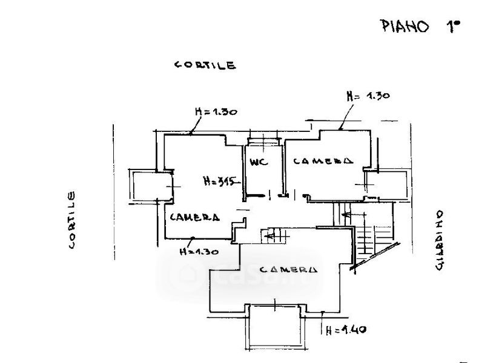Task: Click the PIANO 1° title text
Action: click(x=421, y=26)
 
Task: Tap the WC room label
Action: click(x=259, y=162)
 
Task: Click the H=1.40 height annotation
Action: click(x=346, y=330)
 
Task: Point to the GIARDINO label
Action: click(x=439, y=240)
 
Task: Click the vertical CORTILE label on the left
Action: click(x=71, y=220)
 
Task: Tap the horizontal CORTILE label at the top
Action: click(x=205, y=65)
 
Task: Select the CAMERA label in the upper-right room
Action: click(x=323, y=161)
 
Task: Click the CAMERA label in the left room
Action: click(x=194, y=217)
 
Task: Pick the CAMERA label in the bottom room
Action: click(x=288, y=269)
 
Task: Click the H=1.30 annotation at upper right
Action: click(x=368, y=96)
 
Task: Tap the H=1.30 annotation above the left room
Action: click(x=216, y=111)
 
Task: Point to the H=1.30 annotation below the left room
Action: click(x=199, y=252)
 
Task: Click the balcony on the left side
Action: click(x=150, y=186)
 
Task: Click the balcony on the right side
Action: click(x=386, y=185)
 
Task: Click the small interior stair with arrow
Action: click(x=274, y=236)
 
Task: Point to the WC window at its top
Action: click(x=264, y=141)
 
